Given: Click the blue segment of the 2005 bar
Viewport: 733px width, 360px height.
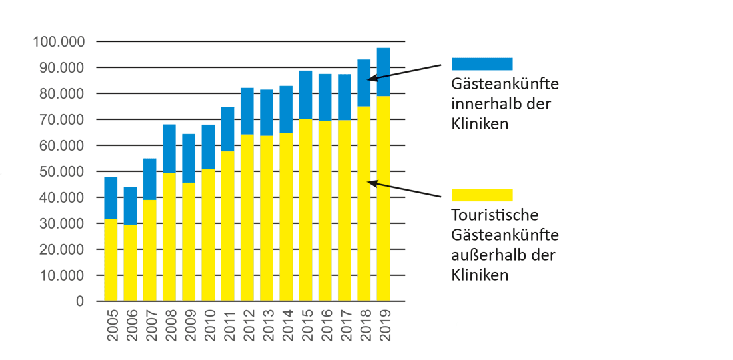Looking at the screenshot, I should click(111, 198).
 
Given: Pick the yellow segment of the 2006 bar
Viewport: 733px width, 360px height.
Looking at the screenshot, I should click(130, 262).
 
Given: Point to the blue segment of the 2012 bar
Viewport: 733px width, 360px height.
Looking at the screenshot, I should click(247, 111).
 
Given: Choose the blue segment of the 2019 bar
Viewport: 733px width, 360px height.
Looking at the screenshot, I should click(383, 72).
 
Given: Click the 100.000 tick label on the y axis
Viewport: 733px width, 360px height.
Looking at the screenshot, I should click(59, 42).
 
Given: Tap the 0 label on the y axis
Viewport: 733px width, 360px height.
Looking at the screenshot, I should click(81, 301).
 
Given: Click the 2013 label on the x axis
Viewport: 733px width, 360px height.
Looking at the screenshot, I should click(267, 325).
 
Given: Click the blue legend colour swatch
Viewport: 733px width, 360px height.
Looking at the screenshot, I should click(482, 64).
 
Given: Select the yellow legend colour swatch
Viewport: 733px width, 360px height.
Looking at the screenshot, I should click(482, 195).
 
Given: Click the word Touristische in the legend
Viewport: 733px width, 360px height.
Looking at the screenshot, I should click(494, 216).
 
